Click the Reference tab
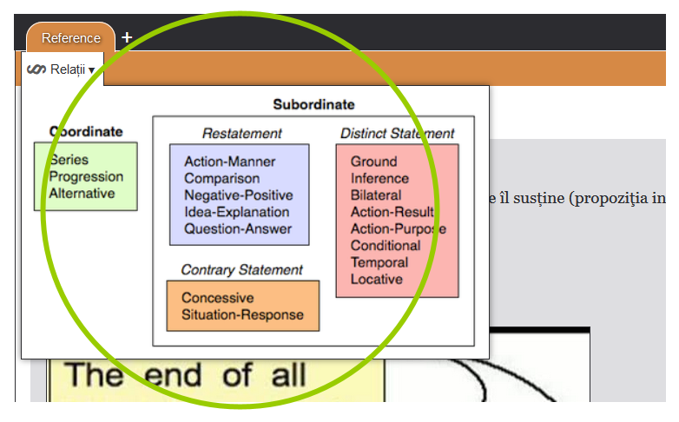coord(71,38)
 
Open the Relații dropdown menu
coord(62,69)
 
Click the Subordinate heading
coord(313,104)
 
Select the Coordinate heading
coord(86,132)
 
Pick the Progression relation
coord(86,176)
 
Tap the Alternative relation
coord(82,193)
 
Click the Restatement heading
coord(241,133)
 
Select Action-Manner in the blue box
coord(229,162)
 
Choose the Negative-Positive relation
coord(238,195)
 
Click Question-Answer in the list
coord(238,229)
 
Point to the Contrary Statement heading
coord(241,270)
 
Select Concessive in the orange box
coord(217,298)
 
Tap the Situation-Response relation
coord(242,314)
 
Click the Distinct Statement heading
coord(397,133)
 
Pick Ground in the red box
coord(373,162)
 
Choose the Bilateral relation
coord(376,195)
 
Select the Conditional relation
coord(385,246)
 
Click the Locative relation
coord(376,279)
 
